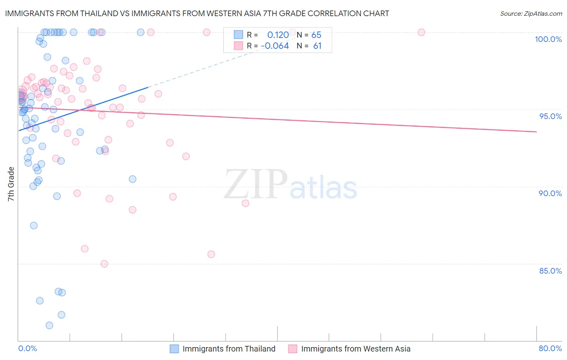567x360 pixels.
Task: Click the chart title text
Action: [197, 13]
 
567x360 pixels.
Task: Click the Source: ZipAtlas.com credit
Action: [531, 14]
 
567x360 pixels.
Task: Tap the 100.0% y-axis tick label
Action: [548, 39]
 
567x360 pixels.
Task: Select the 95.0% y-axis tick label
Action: [550, 116]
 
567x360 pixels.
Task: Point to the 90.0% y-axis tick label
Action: [550, 193]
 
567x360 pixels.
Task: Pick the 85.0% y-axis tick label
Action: [550, 271]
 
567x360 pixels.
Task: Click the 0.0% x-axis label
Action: [27, 348]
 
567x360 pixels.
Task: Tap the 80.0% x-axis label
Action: [550, 348]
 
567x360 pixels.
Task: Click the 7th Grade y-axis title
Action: [11, 184]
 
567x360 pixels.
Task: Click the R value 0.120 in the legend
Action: [278, 35]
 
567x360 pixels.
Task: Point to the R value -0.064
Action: [275, 46]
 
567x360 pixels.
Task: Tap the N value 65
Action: [316, 35]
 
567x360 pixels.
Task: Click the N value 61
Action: [317, 46]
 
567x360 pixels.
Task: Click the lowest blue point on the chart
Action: [49, 325]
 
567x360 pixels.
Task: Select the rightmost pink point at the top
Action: [421, 32]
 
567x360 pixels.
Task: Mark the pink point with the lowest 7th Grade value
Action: [104, 264]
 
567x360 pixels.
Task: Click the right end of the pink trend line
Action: [536, 132]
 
